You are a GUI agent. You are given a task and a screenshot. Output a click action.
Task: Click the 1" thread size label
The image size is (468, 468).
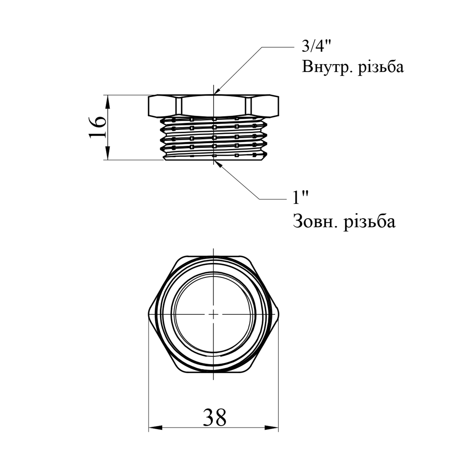click(x=300, y=198)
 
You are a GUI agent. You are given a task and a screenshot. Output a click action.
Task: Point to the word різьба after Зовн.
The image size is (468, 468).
click(x=370, y=222)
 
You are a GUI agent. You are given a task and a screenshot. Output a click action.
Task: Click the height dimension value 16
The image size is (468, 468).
click(x=97, y=127)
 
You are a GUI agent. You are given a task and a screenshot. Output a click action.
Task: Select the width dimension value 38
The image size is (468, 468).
click(x=215, y=417)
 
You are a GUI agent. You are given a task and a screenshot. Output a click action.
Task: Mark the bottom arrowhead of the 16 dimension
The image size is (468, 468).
click(x=107, y=153)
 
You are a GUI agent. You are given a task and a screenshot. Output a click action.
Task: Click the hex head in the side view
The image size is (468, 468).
click(x=213, y=106)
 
